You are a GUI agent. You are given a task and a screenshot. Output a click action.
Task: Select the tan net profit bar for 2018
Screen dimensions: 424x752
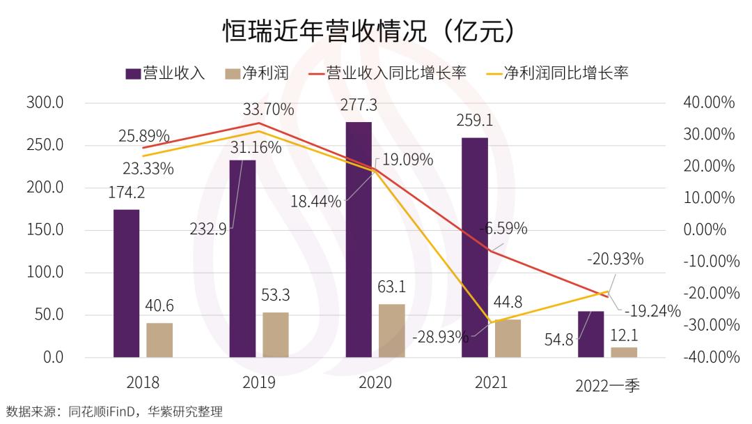tap(159, 340)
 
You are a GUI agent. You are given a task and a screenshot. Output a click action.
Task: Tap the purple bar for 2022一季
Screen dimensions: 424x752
tap(591, 334)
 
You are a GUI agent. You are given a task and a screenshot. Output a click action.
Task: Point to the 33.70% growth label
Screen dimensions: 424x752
tap(268, 109)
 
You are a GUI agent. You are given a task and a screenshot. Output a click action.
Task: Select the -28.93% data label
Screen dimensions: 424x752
tap(440, 338)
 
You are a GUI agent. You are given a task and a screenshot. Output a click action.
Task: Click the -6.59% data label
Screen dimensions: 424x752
tap(503, 228)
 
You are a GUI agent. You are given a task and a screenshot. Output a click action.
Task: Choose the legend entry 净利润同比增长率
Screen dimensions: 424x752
tap(557, 73)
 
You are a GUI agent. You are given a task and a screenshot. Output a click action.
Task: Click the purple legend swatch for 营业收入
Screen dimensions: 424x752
tap(133, 73)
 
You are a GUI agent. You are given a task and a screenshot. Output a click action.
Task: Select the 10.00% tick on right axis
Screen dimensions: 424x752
tap(709, 198)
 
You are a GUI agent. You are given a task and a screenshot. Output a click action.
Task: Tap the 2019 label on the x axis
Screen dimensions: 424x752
tap(258, 383)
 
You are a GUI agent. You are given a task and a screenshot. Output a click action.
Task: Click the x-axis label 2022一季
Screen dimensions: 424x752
tap(607, 386)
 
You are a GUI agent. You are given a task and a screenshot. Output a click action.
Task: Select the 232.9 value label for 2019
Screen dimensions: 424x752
tap(207, 229)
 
